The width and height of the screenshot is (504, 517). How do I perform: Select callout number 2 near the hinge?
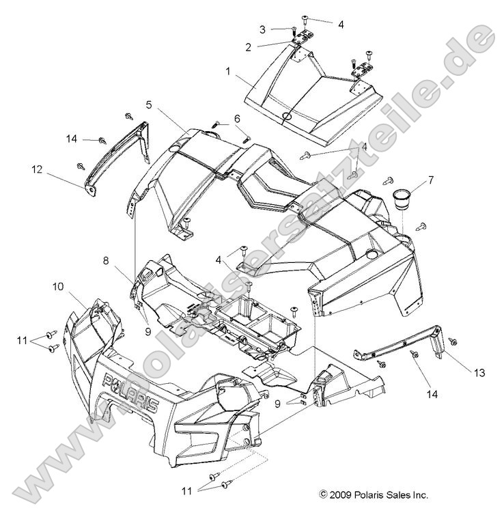point(248,46)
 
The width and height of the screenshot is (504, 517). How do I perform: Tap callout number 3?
point(262,29)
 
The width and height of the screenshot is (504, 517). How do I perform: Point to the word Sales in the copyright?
point(391,494)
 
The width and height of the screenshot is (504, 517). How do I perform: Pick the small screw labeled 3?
point(292,29)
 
